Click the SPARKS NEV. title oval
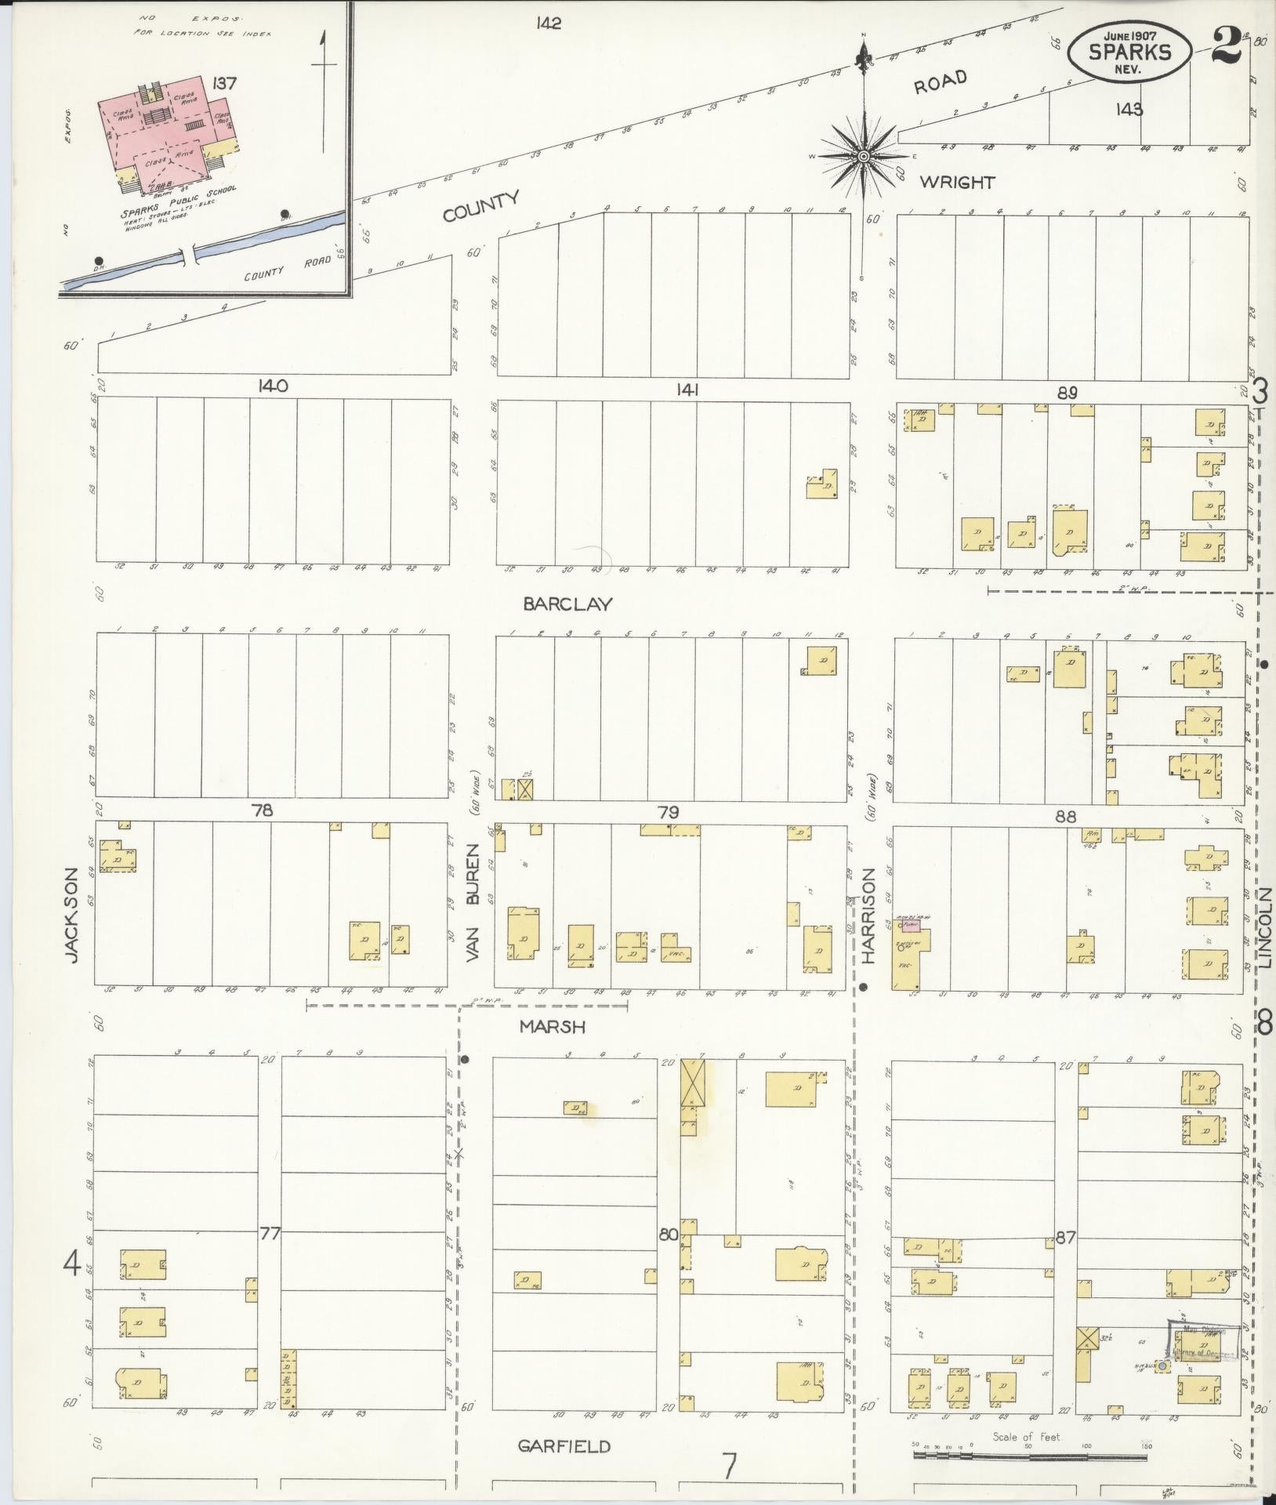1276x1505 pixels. [x=1130, y=51]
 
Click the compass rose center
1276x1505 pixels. [x=863, y=157]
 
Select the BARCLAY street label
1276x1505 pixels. [x=567, y=604]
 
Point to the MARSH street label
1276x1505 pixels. [x=554, y=1027]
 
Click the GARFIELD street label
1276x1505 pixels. [x=564, y=1447]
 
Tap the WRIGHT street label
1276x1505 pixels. [x=957, y=183]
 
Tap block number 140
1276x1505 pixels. [x=270, y=386]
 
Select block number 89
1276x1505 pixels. [x=1067, y=393]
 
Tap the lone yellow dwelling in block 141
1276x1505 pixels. [x=821, y=485]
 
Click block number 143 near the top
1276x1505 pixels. [x=1129, y=109]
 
